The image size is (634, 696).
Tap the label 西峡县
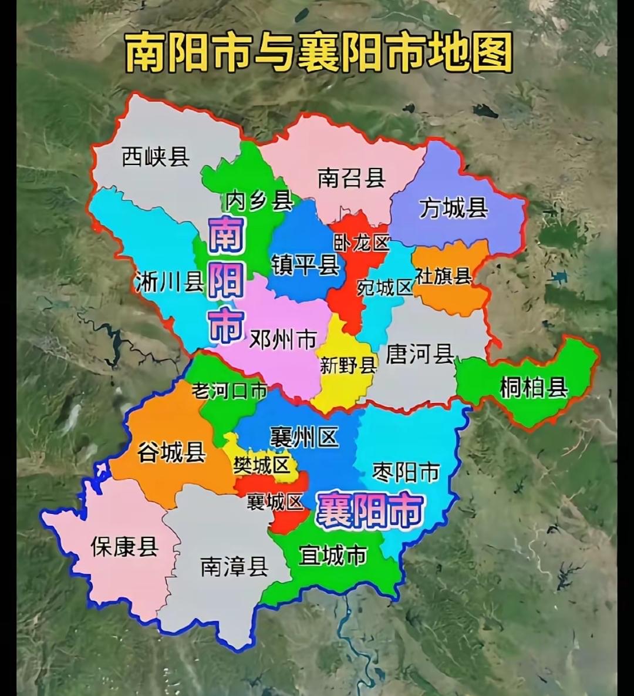pos(156,157)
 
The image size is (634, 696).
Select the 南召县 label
pos(351,177)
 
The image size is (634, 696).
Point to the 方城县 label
pos(453,208)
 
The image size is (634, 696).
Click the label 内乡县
pos(259,201)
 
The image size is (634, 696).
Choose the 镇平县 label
pos(305,265)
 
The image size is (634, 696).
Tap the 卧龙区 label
pos(362,243)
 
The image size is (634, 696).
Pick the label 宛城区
pos(385,288)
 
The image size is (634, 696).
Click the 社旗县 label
pos(443,275)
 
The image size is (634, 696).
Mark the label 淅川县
pos(169,282)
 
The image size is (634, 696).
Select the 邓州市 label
pos(283,339)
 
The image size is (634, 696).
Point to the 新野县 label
pos(348,365)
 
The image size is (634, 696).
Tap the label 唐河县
pos(420,354)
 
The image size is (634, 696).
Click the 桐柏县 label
pos(534,387)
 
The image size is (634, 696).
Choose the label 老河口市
pos(230,391)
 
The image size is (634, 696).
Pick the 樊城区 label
pos(262,465)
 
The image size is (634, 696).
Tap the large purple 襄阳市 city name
pos(369,510)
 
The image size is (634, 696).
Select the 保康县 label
pos(124,547)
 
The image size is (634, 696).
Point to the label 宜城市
pos(333,554)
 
